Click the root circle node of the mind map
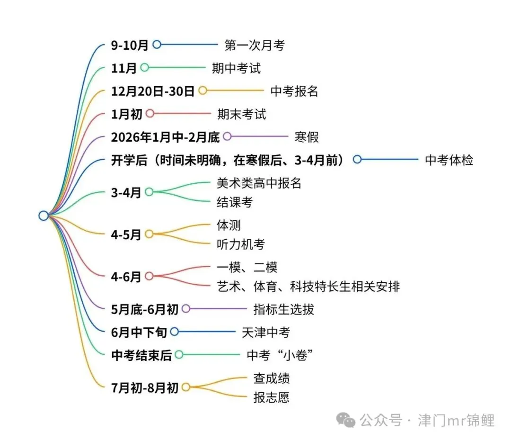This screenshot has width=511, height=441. (x=44, y=216)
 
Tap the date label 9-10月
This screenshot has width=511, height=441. (x=129, y=45)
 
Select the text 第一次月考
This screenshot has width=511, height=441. (x=255, y=45)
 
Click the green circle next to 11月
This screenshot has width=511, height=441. (x=144, y=68)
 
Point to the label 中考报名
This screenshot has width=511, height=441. (x=294, y=91)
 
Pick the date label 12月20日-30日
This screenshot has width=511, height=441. (x=152, y=91)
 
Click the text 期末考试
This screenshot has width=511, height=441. (x=241, y=114)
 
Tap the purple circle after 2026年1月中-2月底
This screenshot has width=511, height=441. (x=227, y=136)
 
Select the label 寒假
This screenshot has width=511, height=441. (x=307, y=137)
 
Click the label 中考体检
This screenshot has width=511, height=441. (x=449, y=160)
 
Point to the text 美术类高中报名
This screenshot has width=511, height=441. (x=259, y=183)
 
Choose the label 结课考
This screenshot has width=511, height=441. (x=235, y=202)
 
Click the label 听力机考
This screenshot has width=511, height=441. (x=241, y=244)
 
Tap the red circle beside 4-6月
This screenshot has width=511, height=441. (x=149, y=276)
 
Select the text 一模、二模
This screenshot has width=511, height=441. (x=247, y=268)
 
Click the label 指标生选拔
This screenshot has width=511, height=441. (x=283, y=309)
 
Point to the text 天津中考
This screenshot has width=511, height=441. (x=265, y=333)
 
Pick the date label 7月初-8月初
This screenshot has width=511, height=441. (x=145, y=388)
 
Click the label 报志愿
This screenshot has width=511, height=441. (x=272, y=397)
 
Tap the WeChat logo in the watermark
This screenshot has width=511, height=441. (x=345, y=420)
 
